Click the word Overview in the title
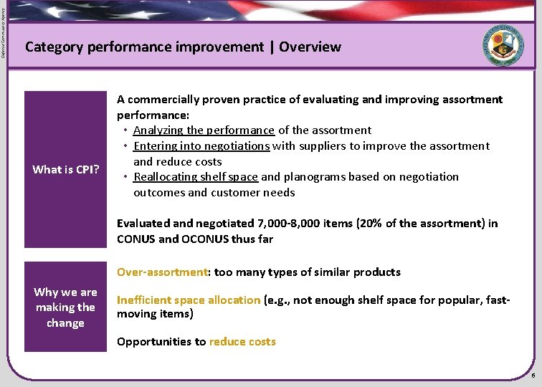pos(310,47)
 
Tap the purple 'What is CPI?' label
pos(65,169)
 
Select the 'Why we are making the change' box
pos(65,307)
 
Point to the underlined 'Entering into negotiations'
pos(201,146)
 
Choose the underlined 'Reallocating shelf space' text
pos(196,177)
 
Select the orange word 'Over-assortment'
pos(162,272)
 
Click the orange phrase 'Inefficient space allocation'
pos(189,300)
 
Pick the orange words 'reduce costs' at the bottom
pos(242,342)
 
